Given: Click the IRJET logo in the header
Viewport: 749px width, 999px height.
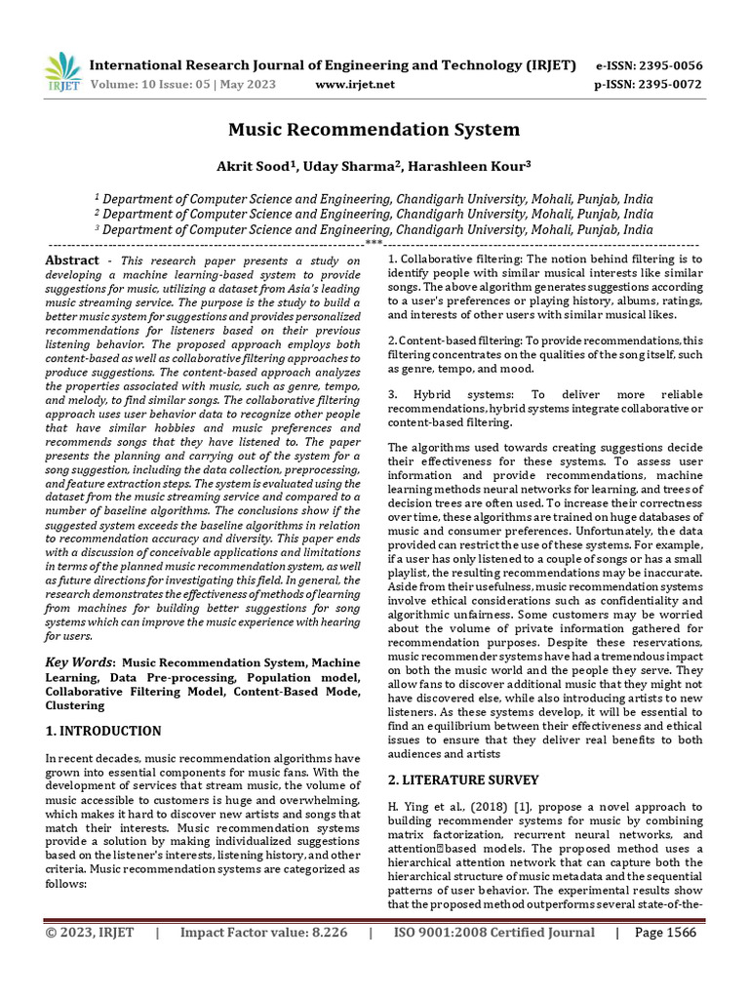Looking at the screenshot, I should click(x=63, y=72).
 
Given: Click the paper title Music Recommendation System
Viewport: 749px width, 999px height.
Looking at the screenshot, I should click(x=374, y=129).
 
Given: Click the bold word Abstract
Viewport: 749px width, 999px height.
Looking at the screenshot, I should click(x=73, y=260).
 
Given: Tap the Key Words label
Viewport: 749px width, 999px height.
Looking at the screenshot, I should click(x=80, y=662).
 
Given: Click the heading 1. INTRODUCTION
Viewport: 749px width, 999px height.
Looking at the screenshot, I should click(x=103, y=731).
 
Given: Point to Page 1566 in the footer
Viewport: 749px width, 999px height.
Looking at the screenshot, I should click(x=665, y=933).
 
